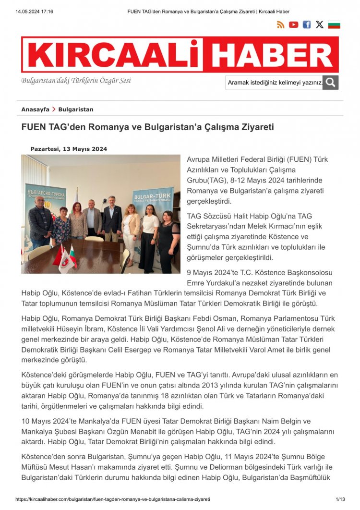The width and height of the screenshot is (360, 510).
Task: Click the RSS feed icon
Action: tap(281, 25)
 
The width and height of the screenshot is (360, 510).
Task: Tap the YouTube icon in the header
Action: tap(294, 25)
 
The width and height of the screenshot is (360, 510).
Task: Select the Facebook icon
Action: tap(306, 25)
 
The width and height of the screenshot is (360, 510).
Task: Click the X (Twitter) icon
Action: tap(319, 25)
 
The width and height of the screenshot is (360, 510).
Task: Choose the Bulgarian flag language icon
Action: tap(334, 25)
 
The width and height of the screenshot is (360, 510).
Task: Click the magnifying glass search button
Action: tap(330, 83)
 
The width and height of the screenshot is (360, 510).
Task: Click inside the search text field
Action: tap(274, 83)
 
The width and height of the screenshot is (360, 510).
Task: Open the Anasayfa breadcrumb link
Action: tap(35, 109)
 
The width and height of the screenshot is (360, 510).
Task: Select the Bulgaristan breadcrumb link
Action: tap(76, 109)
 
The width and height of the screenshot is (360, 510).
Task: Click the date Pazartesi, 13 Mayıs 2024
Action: tap(69, 149)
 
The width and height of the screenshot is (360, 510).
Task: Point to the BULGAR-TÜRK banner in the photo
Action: tap(153, 199)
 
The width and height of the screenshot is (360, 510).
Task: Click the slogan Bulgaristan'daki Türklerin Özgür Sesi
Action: tap(76, 81)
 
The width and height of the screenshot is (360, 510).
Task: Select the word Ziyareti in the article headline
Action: tap(255, 127)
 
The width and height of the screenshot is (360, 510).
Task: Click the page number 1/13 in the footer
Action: tap(339, 499)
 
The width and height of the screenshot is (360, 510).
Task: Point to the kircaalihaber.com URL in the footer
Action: tap(113, 499)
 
